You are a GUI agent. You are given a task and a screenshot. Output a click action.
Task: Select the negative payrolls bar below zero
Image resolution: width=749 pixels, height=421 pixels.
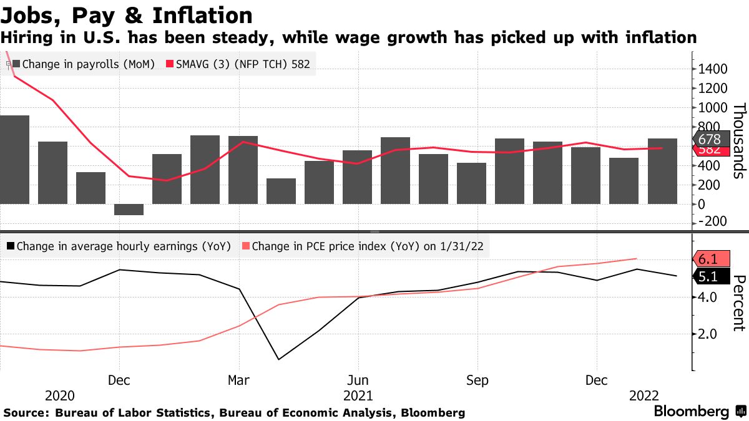point(129,210)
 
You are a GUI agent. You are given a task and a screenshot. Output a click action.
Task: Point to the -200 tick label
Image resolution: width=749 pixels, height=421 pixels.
point(712,222)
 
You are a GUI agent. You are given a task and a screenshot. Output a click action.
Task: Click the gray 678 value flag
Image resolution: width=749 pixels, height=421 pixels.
point(710,140)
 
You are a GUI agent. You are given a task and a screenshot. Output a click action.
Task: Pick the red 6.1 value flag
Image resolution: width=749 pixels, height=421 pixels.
point(710,259)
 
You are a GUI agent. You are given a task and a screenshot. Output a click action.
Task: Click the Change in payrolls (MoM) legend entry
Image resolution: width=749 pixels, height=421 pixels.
point(83,64)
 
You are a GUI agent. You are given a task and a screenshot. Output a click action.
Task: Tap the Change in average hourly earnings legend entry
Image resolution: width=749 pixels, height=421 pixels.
point(118,246)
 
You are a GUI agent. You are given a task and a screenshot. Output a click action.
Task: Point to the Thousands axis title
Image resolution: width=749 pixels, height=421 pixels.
point(738,141)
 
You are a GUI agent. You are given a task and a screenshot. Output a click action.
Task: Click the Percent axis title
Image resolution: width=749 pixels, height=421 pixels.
point(738,302)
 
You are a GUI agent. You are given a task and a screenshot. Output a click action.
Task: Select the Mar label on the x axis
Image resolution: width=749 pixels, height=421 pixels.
point(239,380)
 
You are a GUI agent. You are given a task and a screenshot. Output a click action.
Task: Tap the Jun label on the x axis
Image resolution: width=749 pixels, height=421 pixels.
point(358,380)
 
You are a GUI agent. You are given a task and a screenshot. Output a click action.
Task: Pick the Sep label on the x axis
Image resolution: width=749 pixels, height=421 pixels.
point(477,380)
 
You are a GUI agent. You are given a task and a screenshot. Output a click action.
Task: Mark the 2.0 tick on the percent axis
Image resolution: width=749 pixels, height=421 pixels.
point(712,334)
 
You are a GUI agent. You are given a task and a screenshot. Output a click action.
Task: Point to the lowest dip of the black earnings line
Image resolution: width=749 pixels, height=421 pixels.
point(277,359)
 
